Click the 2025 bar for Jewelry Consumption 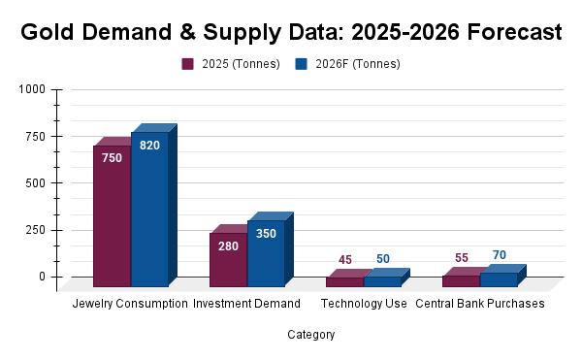(x=113, y=216)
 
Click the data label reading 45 (x=345, y=260)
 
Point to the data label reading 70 (x=500, y=255)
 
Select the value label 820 (x=149, y=146)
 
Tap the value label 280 (x=228, y=246)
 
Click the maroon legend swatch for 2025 (x=187, y=64)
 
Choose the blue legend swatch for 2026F (x=301, y=64)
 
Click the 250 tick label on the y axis (x=35, y=230)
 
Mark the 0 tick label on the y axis (x=42, y=277)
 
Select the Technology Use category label (x=364, y=304)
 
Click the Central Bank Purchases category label (x=480, y=304)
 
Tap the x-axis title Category (x=311, y=335)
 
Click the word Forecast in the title (x=514, y=32)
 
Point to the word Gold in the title (x=48, y=32)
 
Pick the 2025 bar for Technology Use (x=345, y=282)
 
